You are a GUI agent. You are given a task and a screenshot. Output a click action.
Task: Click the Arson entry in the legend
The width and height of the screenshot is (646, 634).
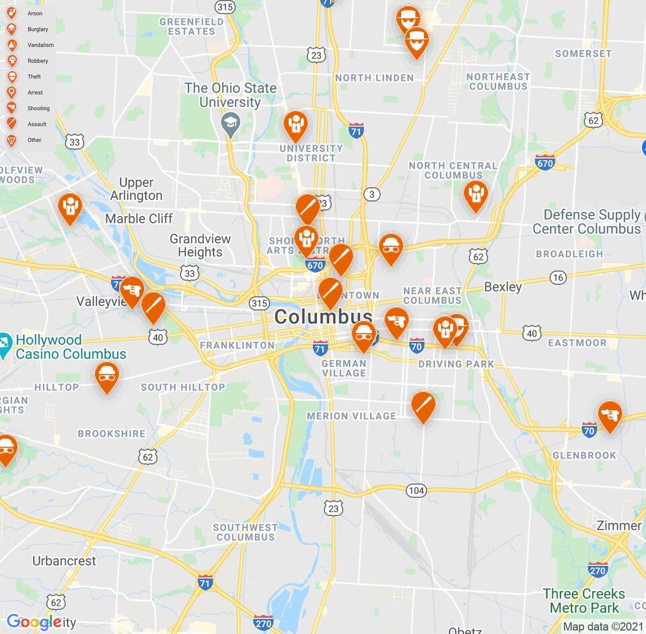tap(27, 13)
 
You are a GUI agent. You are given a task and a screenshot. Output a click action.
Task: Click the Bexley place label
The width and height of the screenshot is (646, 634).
tap(503, 287)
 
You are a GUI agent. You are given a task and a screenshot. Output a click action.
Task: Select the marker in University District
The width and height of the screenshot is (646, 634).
tap(295, 125)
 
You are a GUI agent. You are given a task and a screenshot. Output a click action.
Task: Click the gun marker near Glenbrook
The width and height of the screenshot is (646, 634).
tap(610, 415)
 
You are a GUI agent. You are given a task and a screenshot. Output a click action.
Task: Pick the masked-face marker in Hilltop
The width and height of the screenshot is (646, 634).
tap(106, 376)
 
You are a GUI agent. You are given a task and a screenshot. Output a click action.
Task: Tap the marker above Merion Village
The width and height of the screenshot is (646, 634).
tap(423, 405)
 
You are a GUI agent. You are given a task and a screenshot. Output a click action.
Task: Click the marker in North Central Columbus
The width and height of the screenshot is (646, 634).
tap(475, 195)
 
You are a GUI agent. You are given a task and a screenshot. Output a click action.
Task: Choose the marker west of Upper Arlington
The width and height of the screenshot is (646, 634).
tap(69, 207)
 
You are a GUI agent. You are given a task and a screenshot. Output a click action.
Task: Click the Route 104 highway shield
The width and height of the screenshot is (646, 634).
tap(416, 491)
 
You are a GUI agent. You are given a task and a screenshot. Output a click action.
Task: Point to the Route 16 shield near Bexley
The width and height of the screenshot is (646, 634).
tap(558, 277)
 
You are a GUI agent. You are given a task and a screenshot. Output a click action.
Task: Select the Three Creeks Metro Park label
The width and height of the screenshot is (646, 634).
tap(584, 600)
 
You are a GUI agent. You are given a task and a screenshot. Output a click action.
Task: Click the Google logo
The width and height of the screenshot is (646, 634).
tap(34, 623)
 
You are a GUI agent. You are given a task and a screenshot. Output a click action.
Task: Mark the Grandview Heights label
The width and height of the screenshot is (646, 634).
tap(200, 246)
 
